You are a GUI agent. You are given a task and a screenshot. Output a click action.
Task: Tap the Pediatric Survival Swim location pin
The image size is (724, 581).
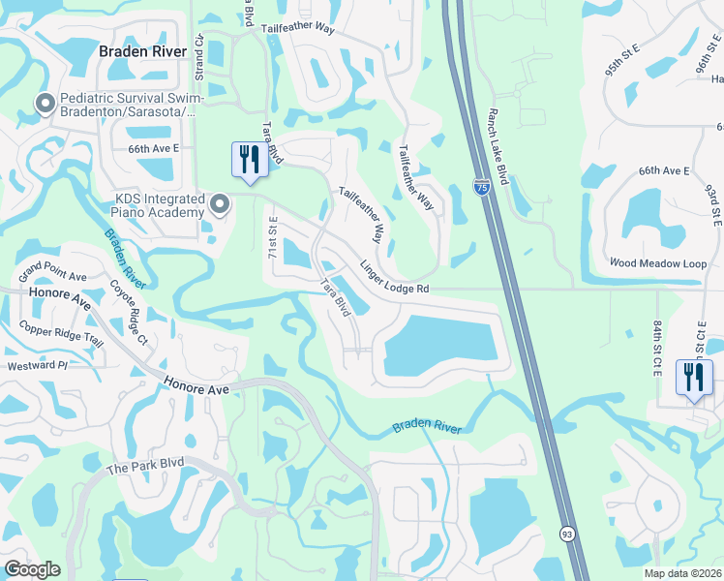[45, 103]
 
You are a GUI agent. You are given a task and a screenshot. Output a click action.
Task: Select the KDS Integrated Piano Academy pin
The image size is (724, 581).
[221, 204]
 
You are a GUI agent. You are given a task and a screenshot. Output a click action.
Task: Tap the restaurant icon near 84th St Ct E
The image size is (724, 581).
[694, 378]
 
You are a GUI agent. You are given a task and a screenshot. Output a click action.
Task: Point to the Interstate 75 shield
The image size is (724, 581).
[481, 188]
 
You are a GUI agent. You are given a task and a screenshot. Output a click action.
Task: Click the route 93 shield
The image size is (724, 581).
[565, 534]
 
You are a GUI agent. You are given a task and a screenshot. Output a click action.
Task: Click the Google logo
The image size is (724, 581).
[32, 568]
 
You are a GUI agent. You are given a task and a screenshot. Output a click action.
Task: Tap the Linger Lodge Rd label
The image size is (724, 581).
[393, 277]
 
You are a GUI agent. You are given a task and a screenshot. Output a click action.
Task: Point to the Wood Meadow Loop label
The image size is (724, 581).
[658, 262]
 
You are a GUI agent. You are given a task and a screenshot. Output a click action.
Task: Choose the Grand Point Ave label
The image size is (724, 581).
[52, 270]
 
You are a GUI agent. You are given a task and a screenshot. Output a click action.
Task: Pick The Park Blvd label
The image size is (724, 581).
[143, 469]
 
